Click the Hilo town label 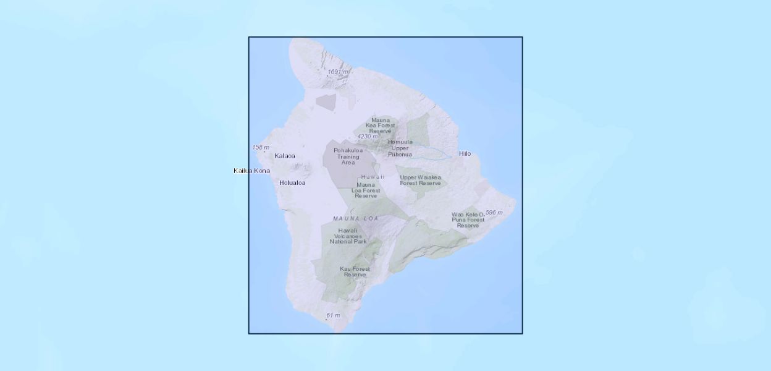[x=465, y=153]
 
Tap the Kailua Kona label [x=251, y=171]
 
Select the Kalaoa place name [x=285, y=156]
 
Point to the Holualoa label [x=292, y=182]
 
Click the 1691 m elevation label [x=339, y=72]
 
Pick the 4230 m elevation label [x=367, y=137]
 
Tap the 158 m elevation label [x=261, y=147]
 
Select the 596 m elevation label [x=494, y=213]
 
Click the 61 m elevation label [x=333, y=315]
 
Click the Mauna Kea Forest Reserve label [x=381, y=126]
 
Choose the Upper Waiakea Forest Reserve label [x=420, y=180]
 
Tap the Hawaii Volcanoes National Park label [x=348, y=236]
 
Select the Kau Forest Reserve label [x=355, y=271]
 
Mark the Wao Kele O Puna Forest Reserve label [x=468, y=220]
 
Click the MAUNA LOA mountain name [x=355, y=218]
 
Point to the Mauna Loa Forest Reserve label [x=366, y=190]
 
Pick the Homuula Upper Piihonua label [x=400, y=148]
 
